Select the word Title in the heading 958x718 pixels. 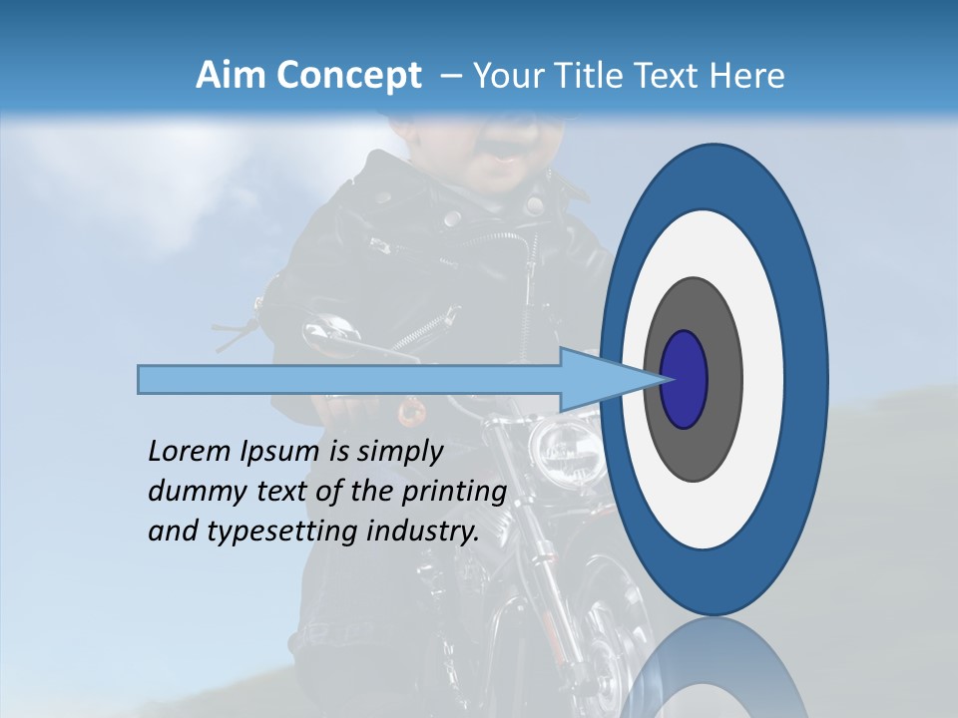(597, 76)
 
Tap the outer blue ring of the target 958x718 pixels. (808, 379)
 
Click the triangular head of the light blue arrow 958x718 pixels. (599, 379)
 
